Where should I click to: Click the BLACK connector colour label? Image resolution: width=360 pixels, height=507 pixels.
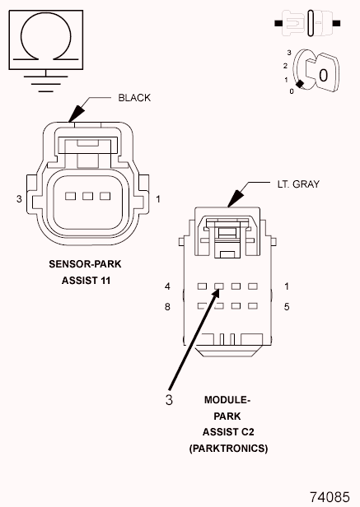pos(134,98)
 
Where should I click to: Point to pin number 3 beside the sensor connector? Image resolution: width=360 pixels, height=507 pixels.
pos(18,199)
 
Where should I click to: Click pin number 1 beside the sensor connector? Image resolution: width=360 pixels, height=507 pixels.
pos(158,199)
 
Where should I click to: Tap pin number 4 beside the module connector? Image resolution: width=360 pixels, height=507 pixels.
pos(167,286)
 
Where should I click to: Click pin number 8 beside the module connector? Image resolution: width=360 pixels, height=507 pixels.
pos(167,307)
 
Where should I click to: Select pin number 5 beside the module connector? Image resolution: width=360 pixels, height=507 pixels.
pos(286,307)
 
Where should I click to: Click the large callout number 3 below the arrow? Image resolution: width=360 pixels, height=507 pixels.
pos(170,401)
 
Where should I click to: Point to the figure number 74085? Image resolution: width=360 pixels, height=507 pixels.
pos(330,497)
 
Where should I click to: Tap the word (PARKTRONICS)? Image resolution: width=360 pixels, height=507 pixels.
pos(228,449)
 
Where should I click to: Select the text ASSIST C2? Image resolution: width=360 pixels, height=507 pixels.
pos(228,432)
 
